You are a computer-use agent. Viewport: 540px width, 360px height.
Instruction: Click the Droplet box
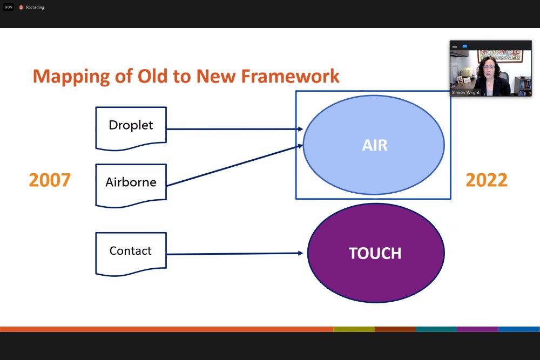[x=131, y=126]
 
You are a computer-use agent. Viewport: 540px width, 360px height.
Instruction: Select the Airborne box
[x=131, y=182]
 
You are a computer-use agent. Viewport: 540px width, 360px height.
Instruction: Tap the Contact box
[x=131, y=251]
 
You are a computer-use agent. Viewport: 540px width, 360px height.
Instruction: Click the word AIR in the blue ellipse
[x=375, y=145]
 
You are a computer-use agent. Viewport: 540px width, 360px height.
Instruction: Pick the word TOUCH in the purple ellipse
[x=375, y=254]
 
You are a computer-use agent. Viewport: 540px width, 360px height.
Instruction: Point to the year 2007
[x=50, y=180]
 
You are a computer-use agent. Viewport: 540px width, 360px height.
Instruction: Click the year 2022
[x=486, y=180]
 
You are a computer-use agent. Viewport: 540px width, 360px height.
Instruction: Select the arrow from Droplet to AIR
[x=232, y=129]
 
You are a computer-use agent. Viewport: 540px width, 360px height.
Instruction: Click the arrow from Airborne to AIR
[x=232, y=165]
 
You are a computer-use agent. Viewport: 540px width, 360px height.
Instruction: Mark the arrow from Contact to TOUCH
[x=232, y=254]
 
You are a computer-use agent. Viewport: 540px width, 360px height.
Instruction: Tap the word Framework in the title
[x=290, y=76]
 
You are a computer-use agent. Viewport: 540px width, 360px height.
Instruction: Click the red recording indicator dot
[x=21, y=8]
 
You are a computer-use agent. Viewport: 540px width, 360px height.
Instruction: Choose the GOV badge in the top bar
[x=8, y=8]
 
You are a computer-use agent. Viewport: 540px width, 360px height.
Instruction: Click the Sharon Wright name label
[x=465, y=93]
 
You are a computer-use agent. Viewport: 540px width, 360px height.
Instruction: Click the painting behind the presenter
[x=500, y=56]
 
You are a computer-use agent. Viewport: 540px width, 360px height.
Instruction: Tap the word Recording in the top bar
[x=35, y=8]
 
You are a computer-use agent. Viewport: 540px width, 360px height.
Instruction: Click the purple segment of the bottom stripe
[x=477, y=329]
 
